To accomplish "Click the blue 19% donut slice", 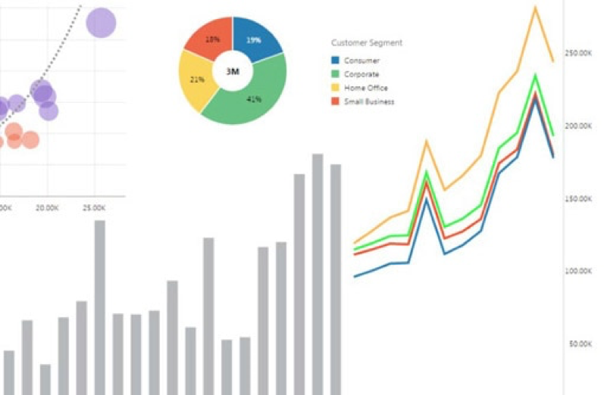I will point(255,39).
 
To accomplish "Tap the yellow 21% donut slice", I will point(197,79).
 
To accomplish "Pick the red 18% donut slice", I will point(210,38).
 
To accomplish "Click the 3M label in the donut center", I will point(233,71).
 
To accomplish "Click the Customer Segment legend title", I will point(367,42).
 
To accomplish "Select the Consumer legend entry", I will point(361,61).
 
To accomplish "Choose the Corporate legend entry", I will point(362,74).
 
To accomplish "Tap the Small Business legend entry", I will point(369,101).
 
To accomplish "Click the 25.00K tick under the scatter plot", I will point(95,207).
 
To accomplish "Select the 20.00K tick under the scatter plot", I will point(48,207).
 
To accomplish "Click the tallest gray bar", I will point(318,272).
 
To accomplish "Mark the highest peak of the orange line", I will point(536,8).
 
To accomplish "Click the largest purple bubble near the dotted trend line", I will point(101,23).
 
